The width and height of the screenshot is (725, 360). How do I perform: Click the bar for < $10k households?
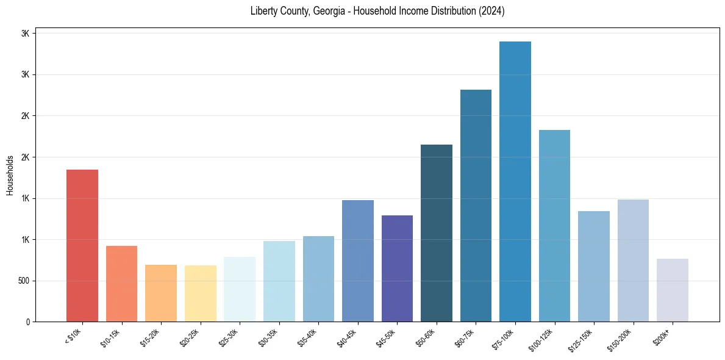coord(82,245)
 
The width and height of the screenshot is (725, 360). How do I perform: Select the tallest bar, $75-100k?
coord(515,181)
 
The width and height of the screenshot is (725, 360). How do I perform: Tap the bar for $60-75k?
coord(476,206)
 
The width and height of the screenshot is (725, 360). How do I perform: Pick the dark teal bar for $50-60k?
coord(437,233)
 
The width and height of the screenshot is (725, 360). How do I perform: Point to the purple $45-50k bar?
coord(397,268)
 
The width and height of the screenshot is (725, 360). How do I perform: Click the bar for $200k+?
coord(673,290)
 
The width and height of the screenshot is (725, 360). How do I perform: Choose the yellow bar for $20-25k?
coord(201,293)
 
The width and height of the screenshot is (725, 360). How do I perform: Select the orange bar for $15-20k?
coord(161,293)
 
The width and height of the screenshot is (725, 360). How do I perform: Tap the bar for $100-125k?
coord(554,226)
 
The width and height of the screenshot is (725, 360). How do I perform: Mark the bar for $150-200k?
coord(633,261)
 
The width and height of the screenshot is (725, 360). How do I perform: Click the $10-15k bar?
coord(121,284)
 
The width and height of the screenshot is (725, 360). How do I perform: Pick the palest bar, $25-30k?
coord(240,289)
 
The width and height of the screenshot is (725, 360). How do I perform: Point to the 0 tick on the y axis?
coord(28,322)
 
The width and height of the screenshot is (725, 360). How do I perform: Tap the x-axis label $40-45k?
coord(346,337)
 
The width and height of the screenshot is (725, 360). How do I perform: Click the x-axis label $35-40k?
coord(307,337)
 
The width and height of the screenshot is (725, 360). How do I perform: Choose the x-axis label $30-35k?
coord(268,337)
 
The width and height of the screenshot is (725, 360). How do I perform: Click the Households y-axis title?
coord(10,175)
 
